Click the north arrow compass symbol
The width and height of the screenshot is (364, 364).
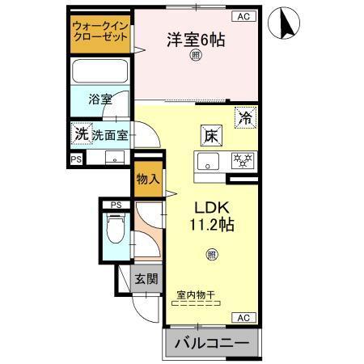(284, 23)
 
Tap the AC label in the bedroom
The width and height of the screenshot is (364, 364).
(242, 16)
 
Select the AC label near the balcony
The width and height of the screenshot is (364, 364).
(242, 316)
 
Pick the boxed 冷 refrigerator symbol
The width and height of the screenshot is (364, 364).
(244, 117)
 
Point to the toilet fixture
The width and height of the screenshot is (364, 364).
(114, 235)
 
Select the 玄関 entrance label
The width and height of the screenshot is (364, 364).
(146, 280)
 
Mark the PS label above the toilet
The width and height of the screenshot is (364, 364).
(116, 205)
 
